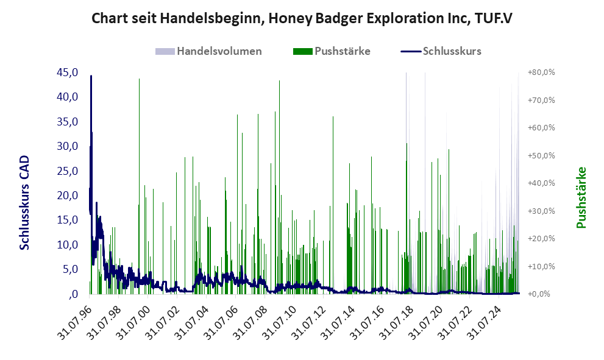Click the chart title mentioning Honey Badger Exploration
pyautogui.click(x=301, y=18)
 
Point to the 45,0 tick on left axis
pyautogui.click(x=67, y=72)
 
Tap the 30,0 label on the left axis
pyautogui.click(x=67, y=146)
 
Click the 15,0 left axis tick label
pyautogui.click(x=67, y=220)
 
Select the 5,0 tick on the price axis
pyautogui.click(x=69, y=269)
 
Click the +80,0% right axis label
pyautogui.click(x=541, y=72)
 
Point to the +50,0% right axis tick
pyautogui.click(x=541, y=155)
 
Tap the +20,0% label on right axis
pyautogui.click(x=541, y=239)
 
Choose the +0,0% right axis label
pyautogui.click(x=541, y=294)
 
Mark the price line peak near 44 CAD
pyautogui.click(x=91, y=76)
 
